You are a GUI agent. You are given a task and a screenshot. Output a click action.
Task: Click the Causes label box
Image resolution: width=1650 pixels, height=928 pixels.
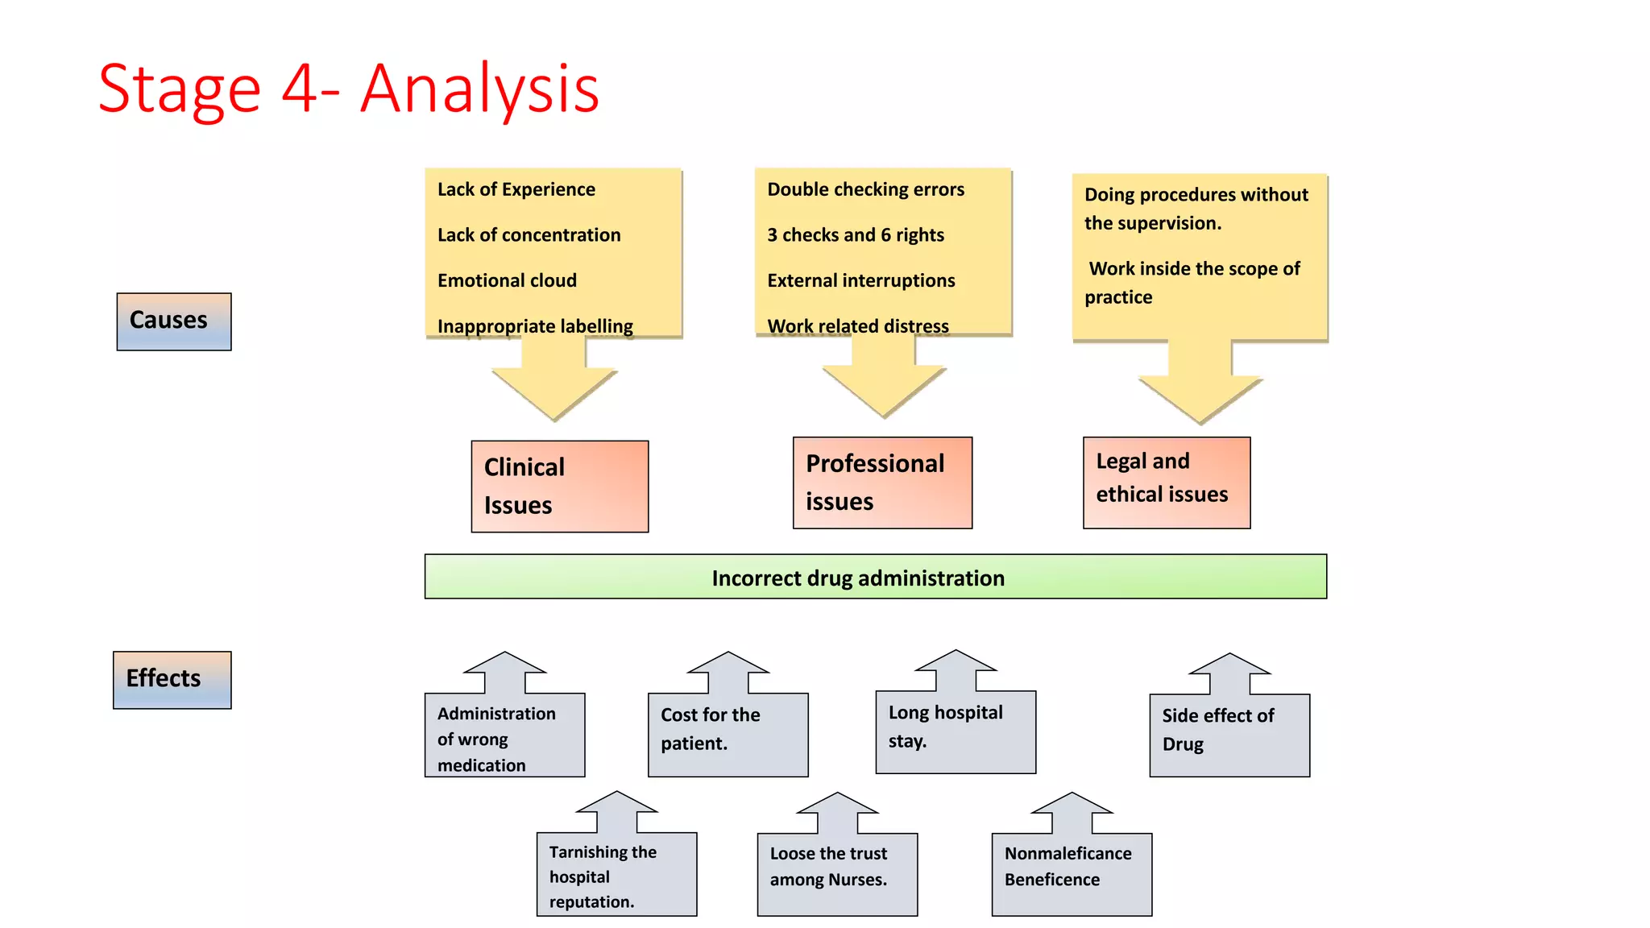173,321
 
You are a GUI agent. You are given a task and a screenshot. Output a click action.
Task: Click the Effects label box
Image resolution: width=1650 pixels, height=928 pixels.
172,680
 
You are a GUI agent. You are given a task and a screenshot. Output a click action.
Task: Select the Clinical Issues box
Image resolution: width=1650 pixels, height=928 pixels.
559,486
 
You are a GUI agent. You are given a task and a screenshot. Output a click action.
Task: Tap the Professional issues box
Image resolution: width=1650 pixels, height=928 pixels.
882,483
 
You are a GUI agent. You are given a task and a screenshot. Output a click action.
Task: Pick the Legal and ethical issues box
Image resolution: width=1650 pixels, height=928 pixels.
1166,483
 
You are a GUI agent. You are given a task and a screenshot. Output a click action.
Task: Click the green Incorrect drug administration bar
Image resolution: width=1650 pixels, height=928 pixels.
875,577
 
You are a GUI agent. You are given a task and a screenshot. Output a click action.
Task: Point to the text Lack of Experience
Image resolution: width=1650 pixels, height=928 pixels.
516,189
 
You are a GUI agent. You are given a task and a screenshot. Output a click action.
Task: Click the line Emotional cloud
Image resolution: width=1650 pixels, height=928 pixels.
507,280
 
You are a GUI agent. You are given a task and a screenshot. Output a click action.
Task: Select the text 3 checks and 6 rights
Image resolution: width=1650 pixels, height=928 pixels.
855,235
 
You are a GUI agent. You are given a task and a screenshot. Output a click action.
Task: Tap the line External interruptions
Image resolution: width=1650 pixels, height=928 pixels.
860,280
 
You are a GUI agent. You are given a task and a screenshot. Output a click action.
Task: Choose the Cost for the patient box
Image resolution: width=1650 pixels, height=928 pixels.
728,733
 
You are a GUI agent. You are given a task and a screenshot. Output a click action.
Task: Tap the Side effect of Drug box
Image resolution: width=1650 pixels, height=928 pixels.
1229,734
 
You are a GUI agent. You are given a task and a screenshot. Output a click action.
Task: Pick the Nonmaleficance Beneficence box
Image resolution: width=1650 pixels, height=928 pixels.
1071,873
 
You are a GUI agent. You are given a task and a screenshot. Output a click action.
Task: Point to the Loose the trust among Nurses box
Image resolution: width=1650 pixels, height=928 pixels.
836,873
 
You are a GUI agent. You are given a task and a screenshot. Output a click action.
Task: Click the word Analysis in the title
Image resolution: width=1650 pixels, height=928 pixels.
479,89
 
